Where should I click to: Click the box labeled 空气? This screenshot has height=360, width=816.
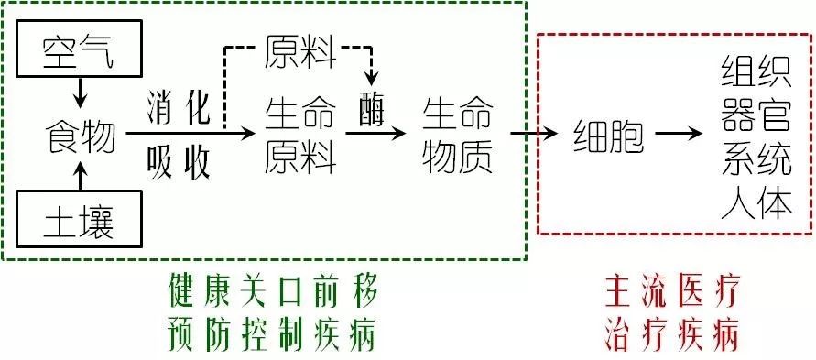pos(80,54)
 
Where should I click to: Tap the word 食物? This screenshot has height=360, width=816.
pos(82,138)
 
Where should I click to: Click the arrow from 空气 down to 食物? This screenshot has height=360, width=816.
pos(81,92)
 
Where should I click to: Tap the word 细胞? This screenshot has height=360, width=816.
pos(609,136)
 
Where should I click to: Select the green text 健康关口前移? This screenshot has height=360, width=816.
pos(272,293)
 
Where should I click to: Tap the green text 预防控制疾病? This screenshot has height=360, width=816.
pos(272,336)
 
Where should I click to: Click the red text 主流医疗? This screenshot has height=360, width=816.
pos(670,293)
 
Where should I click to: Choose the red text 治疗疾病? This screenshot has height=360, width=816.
pos(670,336)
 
